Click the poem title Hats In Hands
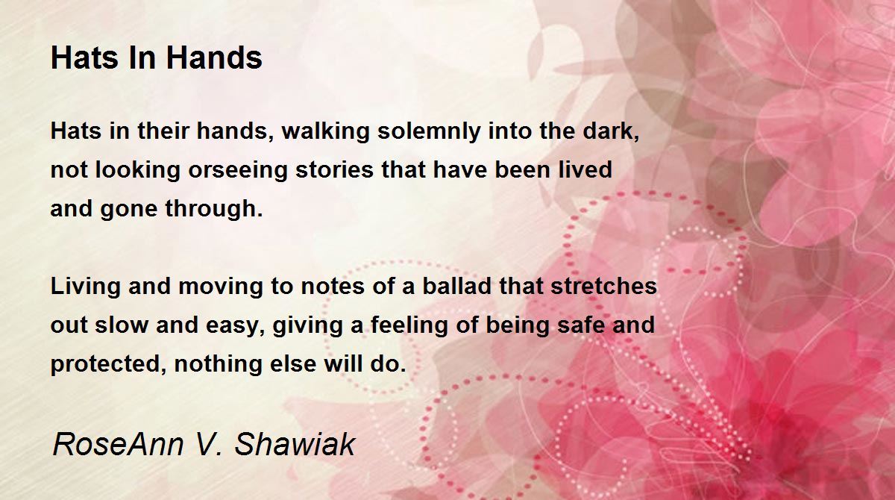pos(157,58)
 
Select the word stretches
pos(603,287)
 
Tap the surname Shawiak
pos(294,444)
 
